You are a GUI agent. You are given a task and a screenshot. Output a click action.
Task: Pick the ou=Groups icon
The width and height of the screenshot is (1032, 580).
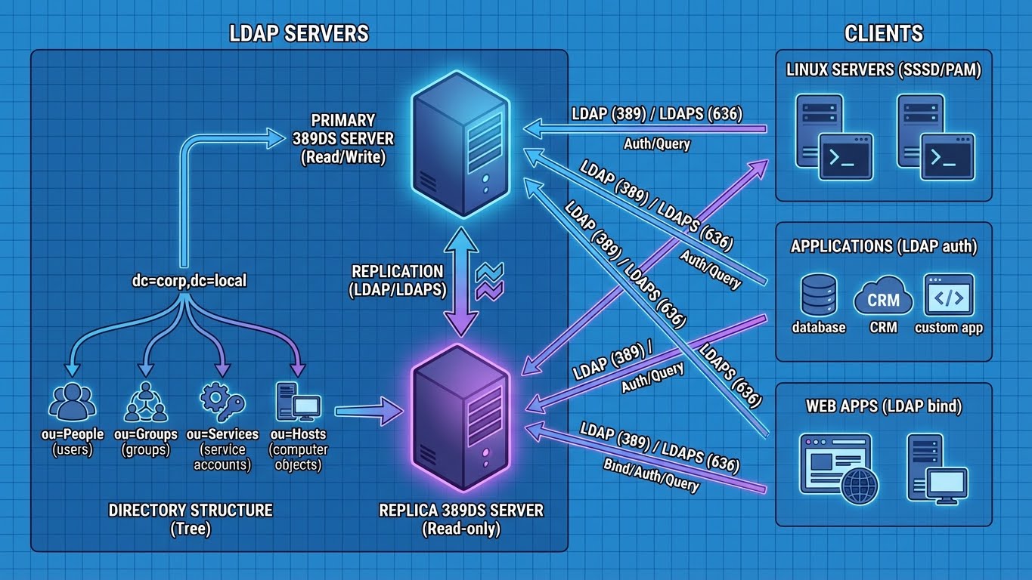click(145, 402)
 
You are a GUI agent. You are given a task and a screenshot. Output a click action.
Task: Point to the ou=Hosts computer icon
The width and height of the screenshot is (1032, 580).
click(298, 402)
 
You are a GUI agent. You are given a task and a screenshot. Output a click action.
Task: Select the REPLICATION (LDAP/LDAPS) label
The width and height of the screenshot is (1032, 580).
click(398, 279)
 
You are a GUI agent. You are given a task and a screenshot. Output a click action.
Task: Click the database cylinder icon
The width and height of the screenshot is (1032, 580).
click(818, 295)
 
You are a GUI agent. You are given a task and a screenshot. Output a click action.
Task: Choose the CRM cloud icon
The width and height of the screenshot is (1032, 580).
click(882, 299)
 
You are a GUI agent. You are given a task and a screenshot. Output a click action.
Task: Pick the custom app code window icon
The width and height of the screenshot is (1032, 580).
click(948, 295)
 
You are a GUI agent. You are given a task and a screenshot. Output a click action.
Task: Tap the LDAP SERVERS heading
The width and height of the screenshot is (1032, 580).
click(299, 33)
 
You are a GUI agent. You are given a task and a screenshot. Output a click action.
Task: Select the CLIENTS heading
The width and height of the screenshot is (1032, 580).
click(883, 33)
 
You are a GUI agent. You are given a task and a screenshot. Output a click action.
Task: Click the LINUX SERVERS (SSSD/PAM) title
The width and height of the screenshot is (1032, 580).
click(883, 70)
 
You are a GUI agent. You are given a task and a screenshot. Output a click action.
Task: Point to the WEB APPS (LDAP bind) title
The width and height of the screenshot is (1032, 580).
click(883, 406)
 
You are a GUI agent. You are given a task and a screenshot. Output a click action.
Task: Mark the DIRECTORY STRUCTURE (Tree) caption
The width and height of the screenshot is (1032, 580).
click(190, 519)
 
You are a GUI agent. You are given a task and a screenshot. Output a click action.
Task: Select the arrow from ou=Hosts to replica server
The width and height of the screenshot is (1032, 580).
click(370, 412)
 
